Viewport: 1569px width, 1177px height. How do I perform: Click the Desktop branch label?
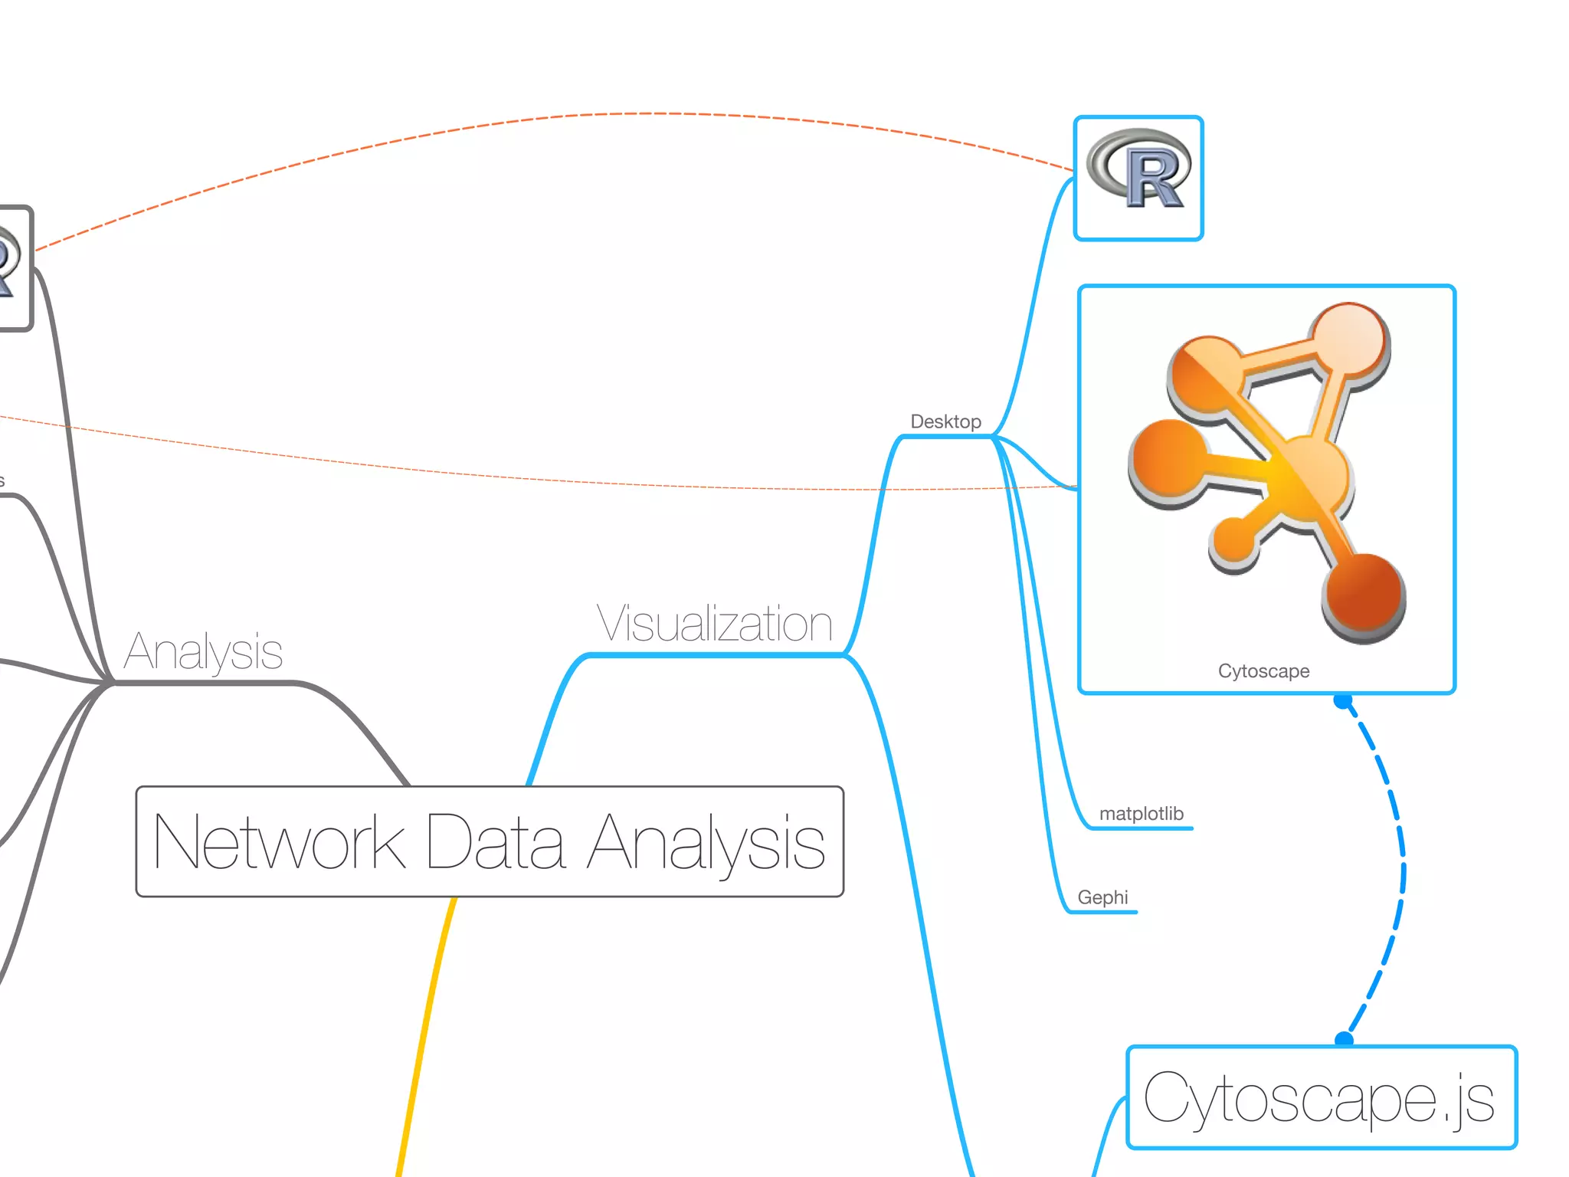(x=945, y=421)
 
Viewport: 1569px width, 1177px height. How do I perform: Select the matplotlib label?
(x=1141, y=814)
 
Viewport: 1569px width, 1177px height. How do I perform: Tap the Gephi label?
(x=1102, y=897)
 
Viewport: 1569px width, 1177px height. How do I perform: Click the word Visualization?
(x=714, y=624)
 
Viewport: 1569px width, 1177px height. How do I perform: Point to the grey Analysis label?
(x=203, y=652)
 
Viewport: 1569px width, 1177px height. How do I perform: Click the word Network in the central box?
(x=279, y=842)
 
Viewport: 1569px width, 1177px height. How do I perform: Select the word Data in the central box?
(x=496, y=842)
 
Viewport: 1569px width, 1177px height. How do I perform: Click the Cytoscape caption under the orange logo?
(x=1263, y=671)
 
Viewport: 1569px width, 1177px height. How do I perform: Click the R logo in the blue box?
(x=1139, y=169)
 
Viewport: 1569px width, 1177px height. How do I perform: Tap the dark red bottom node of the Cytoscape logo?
(x=1363, y=594)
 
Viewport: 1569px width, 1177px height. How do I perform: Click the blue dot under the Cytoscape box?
(x=1342, y=700)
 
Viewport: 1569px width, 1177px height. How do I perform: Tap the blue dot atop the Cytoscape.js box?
(x=1344, y=1040)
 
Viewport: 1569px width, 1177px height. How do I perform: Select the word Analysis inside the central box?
(x=706, y=842)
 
